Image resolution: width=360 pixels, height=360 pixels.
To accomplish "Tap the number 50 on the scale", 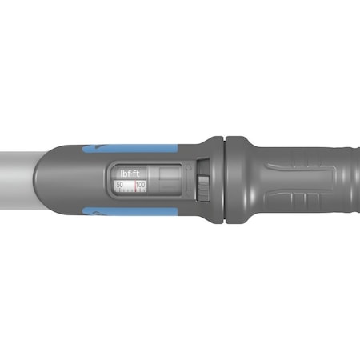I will pyautogui.click(x=120, y=185).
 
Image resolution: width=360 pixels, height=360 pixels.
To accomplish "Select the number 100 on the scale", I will pyautogui.click(x=141, y=185).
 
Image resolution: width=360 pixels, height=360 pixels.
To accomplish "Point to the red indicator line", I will pyautogui.click(x=134, y=186).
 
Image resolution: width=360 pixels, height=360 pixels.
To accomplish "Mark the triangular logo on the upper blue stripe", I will pyautogui.click(x=96, y=149).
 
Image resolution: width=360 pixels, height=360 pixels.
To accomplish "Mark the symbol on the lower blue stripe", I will pyautogui.click(x=95, y=213).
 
